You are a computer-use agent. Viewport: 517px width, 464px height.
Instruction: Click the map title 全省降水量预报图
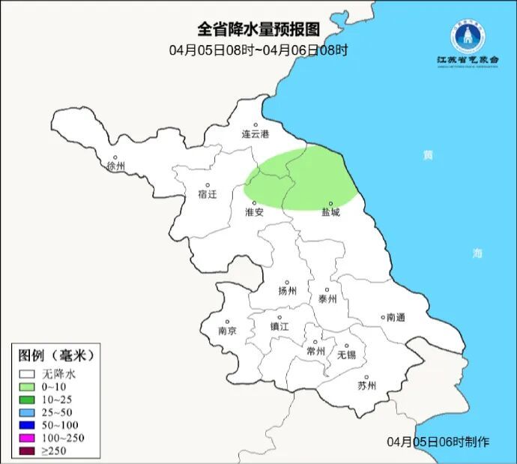coord(258,29)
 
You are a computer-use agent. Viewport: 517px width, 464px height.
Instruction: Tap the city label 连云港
coord(255,134)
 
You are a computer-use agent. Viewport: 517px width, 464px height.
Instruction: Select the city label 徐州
coord(116,166)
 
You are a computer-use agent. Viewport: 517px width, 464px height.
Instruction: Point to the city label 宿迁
coord(208,194)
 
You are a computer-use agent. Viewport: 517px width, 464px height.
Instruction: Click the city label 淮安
coord(255,212)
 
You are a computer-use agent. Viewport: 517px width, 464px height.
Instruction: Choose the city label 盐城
coord(330,212)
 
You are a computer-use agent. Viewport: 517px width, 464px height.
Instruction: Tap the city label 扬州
coord(288,291)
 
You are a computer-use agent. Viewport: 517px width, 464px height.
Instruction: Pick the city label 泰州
coord(327,298)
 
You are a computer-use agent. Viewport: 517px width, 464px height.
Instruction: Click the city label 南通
coord(395,318)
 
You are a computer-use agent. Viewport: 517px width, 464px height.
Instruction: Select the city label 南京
coord(227,331)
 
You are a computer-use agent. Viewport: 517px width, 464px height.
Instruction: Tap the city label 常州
coord(316,351)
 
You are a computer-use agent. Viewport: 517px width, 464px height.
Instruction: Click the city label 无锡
coord(346,355)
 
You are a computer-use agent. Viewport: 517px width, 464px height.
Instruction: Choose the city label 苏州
coord(366,386)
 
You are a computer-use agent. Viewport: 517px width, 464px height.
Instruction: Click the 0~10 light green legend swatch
coord(28,387)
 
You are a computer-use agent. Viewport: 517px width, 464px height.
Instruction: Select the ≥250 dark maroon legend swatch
coord(28,450)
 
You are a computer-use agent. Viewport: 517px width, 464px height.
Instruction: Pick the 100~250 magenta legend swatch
coord(28,437)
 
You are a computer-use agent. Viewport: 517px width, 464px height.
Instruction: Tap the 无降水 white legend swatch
coord(28,373)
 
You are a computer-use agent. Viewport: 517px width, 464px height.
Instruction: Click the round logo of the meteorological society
coord(468,34)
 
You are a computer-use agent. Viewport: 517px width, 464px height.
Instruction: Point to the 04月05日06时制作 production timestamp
coord(438,442)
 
